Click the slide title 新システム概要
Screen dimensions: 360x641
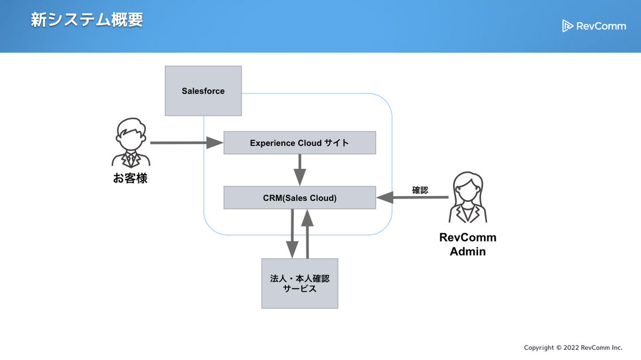[x=87, y=20]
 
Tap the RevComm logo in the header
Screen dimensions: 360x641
[x=593, y=26]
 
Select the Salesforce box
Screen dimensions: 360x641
[x=203, y=91]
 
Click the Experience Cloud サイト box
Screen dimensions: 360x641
[x=300, y=143]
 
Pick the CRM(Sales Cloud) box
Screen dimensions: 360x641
[x=300, y=198]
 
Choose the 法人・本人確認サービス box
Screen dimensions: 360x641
[x=300, y=283]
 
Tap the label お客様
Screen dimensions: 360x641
[x=130, y=178]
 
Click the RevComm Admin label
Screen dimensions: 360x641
[x=467, y=244]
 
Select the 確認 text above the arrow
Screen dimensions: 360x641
[x=420, y=190]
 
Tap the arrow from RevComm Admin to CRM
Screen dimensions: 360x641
[x=412, y=198]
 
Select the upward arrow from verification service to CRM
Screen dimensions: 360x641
[x=307, y=233]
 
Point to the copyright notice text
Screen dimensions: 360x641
[x=573, y=348]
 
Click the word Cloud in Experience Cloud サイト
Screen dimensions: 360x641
[x=310, y=143]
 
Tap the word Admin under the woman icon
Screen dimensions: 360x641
[x=467, y=252]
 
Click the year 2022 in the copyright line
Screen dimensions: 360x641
[x=571, y=348]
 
